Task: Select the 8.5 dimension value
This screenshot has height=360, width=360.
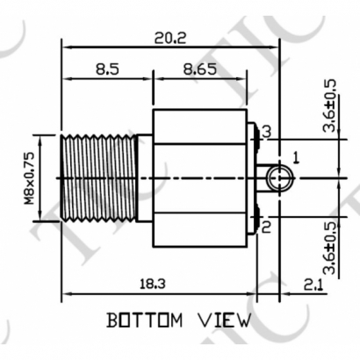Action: coord(107,69)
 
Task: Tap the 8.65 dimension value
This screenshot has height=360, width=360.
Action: coord(202,69)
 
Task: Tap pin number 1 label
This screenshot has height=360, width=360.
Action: coord(296,158)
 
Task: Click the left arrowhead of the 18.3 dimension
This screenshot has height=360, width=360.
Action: coord(64,292)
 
